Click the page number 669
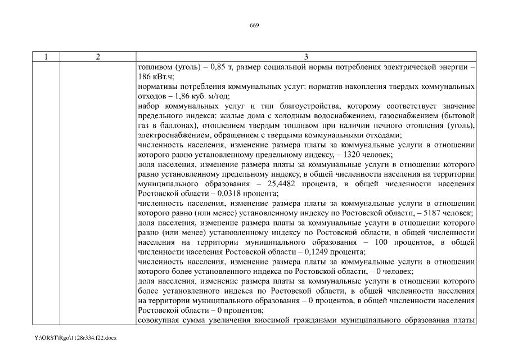pos(254,25)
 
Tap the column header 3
pos(306,57)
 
